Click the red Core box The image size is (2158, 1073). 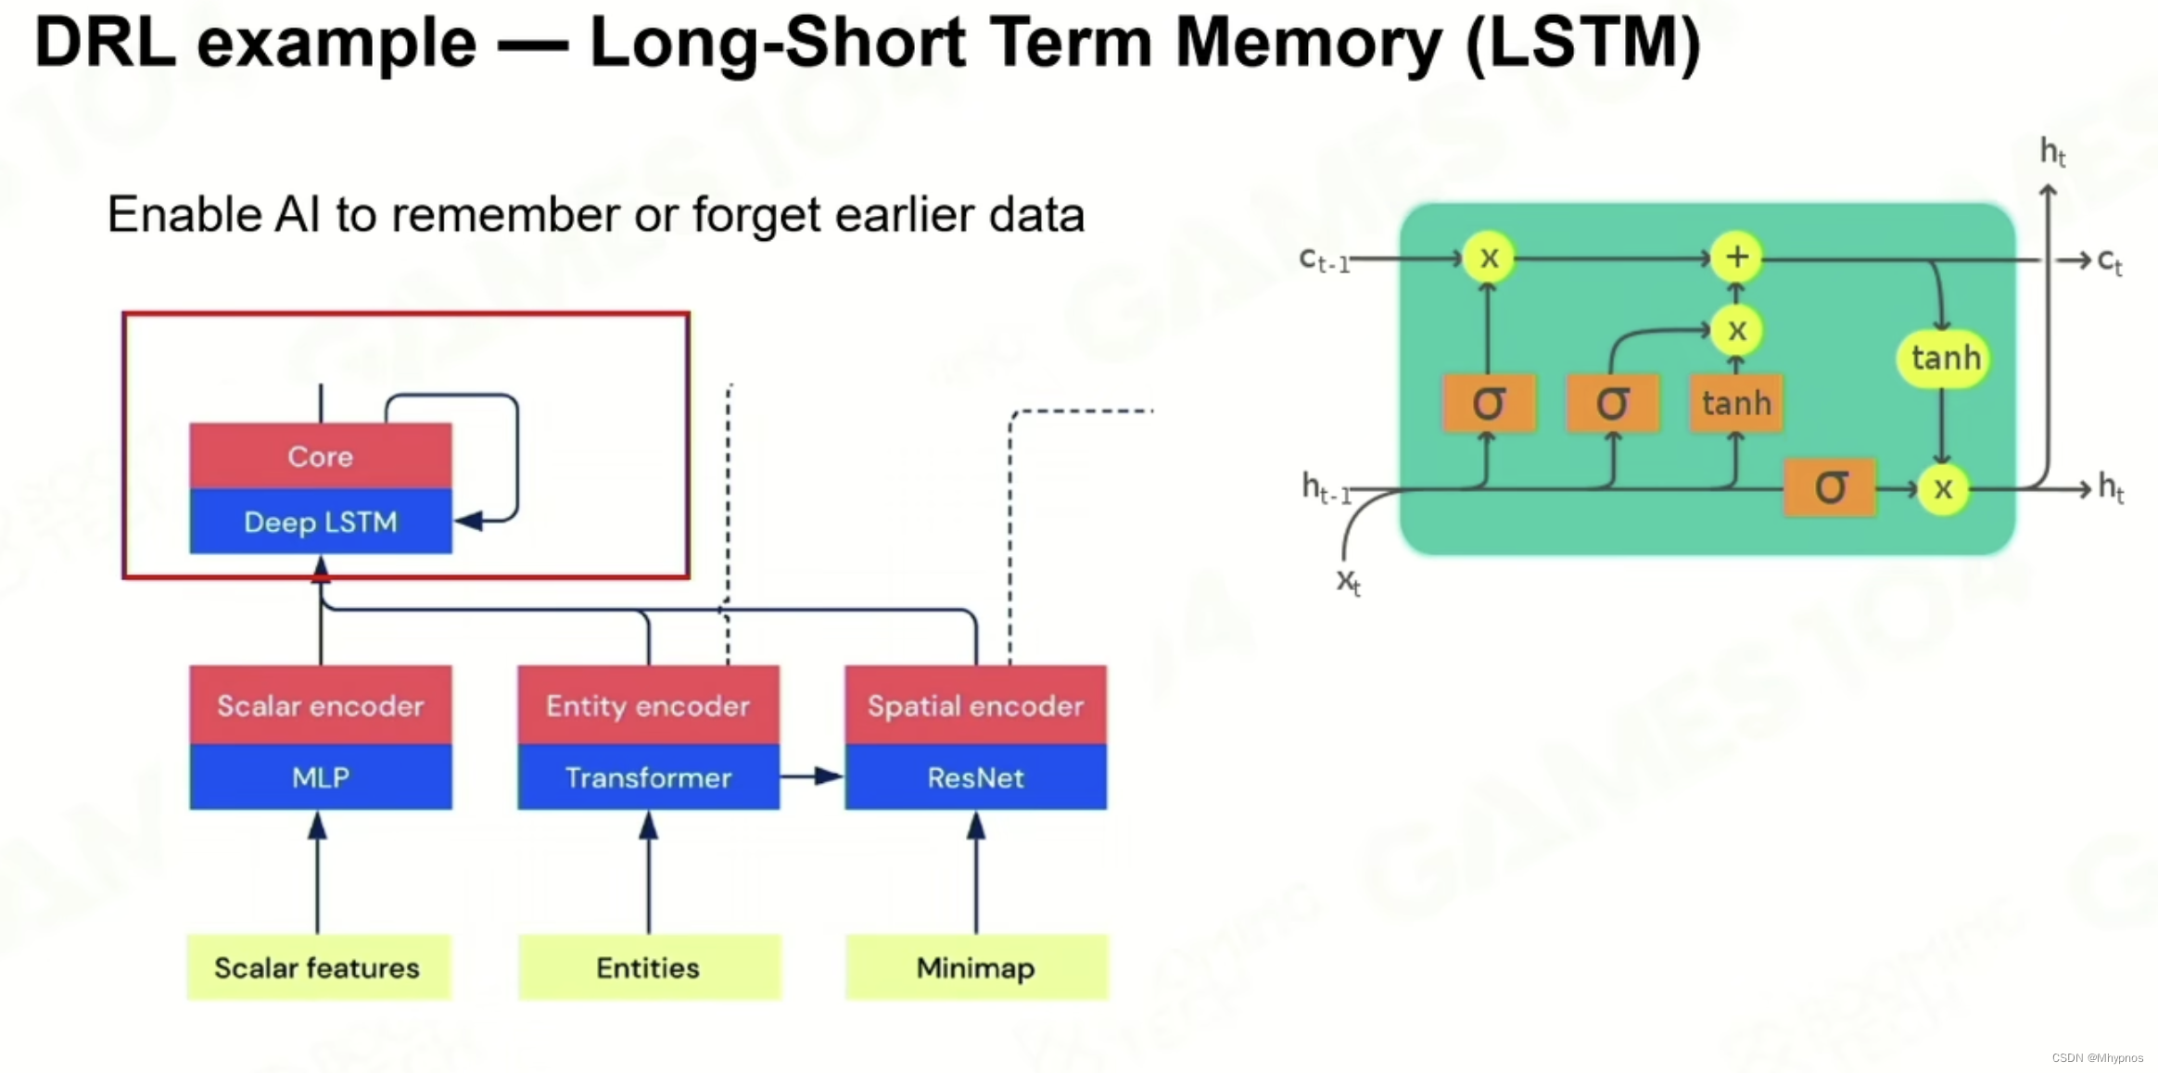pyautogui.click(x=321, y=456)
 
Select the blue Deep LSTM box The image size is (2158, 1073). pyautogui.click(x=321, y=522)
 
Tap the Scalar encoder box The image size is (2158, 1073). pyautogui.click(x=321, y=705)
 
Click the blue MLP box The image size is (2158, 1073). pyautogui.click(x=321, y=777)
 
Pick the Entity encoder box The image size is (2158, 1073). pyautogui.click(x=648, y=705)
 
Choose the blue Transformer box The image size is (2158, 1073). pyautogui.click(x=648, y=777)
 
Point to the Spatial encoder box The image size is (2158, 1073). pyautogui.click(x=975, y=705)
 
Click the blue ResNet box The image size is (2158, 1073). pyautogui.click(x=975, y=777)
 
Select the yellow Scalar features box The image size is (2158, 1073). pyautogui.click(x=318, y=967)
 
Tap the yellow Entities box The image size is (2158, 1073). pyautogui.click(x=649, y=967)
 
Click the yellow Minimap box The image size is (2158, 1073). pyautogui.click(x=976, y=967)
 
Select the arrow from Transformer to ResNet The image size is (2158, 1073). pyautogui.click(x=812, y=776)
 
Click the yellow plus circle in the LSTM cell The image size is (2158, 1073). pyautogui.click(x=1736, y=257)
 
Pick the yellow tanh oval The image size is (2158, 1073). pyautogui.click(x=1944, y=358)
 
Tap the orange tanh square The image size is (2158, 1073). pyautogui.click(x=1736, y=403)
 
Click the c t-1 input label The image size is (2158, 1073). pyautogui.click(x=1324, y=260)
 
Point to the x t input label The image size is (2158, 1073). pyautogui.click(x=1348, y=582)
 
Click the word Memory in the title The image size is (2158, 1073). pyautogui.click(x=1309, y=43)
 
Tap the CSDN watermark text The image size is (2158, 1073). pyautogui.click(x=2097, y=1057)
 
